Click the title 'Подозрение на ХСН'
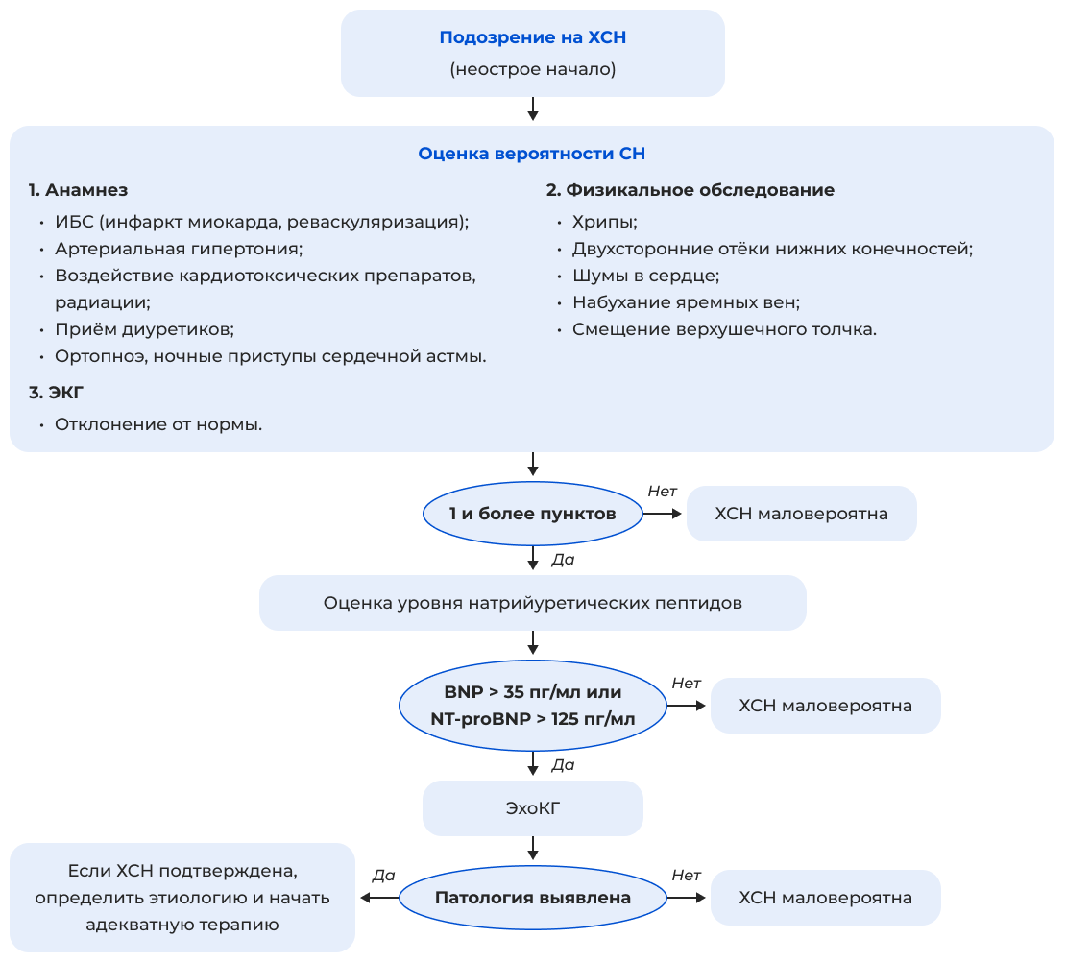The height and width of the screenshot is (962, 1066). click(x=532, y=38)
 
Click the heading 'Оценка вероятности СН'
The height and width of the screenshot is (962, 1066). click(x=532, y=154)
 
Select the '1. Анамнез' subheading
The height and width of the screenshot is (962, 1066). click(x=78, y=190)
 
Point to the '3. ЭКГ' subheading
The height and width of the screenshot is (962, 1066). click(x=57, y=393)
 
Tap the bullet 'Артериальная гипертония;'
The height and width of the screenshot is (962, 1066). click(x=179, y=249)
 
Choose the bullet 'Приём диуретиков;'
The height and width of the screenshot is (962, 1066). click(x=144, y=329)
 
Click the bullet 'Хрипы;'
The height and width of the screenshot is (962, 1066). click(x=605, y=222)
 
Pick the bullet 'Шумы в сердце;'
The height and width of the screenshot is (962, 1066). click(x=645, y=276)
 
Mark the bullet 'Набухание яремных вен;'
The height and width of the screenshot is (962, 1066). click(x=686, y=302)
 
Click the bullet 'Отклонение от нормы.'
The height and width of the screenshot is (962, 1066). click(x=158, y=423)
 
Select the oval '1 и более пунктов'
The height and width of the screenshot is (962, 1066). click(x=532, y=514)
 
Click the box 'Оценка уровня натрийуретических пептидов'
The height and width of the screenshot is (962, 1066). click(x=532, y=603)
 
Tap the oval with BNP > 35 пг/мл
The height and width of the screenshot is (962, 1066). click(x=532, y=706)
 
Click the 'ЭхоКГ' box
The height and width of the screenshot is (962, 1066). click(x=532, y=808)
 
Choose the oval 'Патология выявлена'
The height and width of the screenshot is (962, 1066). click(x=532, y=898)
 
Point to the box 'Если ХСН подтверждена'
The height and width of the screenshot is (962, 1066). click(x=182, y=898)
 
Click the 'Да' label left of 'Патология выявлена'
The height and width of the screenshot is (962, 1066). click(x=383, y=876)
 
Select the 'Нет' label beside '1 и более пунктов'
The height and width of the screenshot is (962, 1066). click(x=662, y=492)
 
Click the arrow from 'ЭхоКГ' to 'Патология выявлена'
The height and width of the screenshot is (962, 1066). click(x=532, y=848)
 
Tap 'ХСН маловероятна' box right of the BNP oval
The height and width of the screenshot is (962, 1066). click(x=825, y=706)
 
